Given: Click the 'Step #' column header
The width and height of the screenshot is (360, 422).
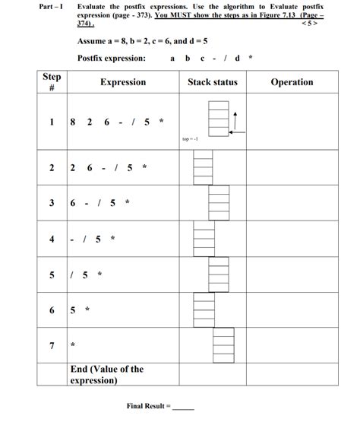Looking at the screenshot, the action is click(x=51, y=82).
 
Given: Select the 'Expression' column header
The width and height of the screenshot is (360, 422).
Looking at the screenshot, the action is click(x=122, y=82).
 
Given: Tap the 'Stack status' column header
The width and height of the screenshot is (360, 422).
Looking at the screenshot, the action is click(x=212, y=82).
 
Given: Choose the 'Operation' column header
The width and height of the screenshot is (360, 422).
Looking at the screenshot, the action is click(x=292, y=82).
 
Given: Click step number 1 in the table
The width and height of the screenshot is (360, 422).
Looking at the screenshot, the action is click(x=52, y=122).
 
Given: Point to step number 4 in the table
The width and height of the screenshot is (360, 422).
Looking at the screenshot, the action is click(x=52, y=239).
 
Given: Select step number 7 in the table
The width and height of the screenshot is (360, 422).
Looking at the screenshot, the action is click(x=52, y=345).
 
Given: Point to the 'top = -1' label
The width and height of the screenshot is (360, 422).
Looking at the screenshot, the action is click(x=190, y=139).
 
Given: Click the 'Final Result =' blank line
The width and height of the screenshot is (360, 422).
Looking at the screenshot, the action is click(x=185, y=408).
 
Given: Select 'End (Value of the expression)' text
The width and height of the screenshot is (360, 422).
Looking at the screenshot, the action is click(x=106, y=375).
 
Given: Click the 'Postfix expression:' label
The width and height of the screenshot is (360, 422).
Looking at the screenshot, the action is click(x=111, y=59).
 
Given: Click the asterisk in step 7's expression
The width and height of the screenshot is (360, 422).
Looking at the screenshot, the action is click(x=73, y=346).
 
